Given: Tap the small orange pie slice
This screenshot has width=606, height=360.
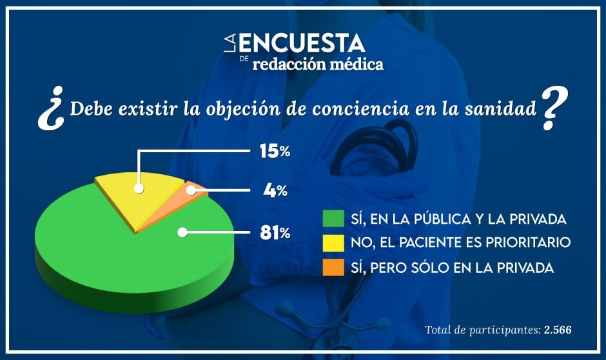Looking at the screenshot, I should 193,190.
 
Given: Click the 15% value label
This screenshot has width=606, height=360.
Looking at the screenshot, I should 275,152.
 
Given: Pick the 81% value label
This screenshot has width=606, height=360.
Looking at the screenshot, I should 275,233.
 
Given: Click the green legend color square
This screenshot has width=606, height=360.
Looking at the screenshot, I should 329,219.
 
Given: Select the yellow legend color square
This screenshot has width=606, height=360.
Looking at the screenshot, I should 329,243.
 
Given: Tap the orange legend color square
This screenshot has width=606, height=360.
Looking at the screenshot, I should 329,267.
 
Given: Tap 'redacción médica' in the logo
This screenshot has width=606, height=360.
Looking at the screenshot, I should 318,64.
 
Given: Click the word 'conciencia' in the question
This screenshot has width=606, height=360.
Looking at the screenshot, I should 366,108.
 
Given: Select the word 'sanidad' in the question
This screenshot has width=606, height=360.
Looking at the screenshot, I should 503,108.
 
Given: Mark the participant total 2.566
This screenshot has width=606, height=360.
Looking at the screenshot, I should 558,330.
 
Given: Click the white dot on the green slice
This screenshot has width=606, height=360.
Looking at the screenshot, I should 183,233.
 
